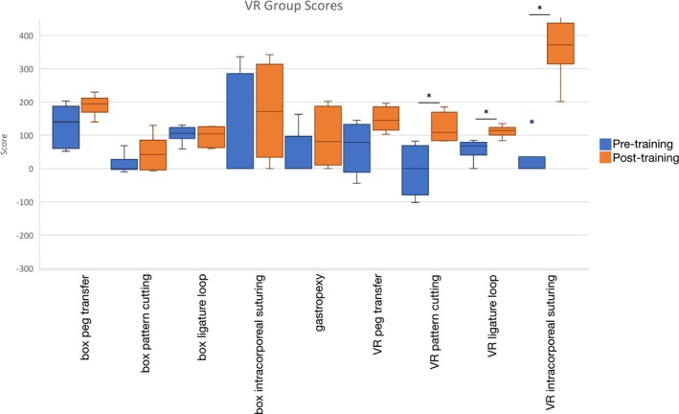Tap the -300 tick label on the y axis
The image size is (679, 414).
[x=16, y=269]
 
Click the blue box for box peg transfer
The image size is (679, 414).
[x=65, y=126]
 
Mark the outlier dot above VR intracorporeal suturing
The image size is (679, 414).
[x=532, y=122]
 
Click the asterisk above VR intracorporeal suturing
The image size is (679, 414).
[x=539, y=9]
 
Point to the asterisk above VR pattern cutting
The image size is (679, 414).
[x=429, y=97]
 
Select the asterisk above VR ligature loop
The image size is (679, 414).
[x=486, y=113]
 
